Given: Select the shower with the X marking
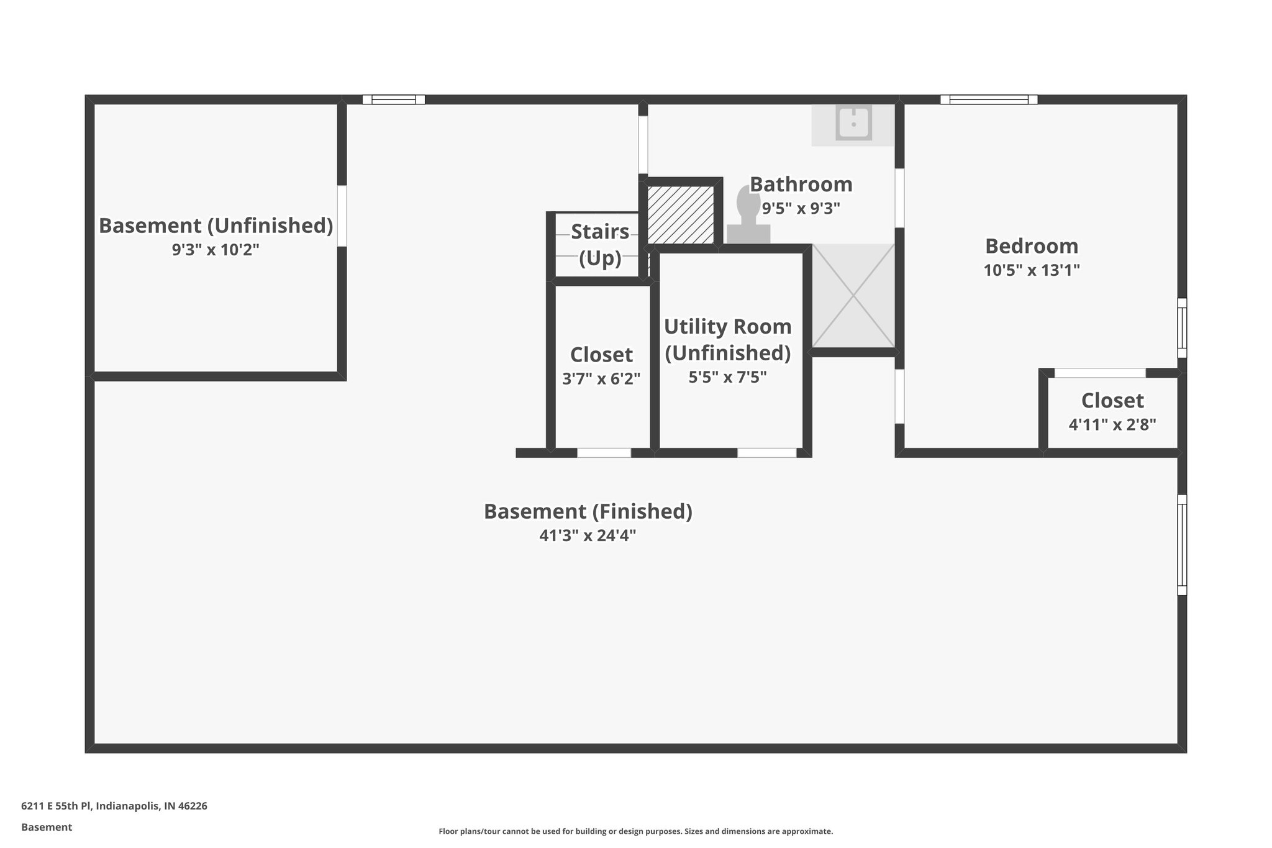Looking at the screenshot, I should click(x=853, y=296).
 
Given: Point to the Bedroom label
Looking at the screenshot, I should click(x=1032, y=246).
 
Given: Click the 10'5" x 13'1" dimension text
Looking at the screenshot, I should click(x=1032, y=270).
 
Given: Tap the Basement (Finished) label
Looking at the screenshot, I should click(x=588, y=511).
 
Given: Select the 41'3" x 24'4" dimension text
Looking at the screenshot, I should click(x=588, y=536).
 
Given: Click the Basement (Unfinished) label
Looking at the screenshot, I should click(x=216, y=226).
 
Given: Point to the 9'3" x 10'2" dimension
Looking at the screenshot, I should click(x=216, y=250).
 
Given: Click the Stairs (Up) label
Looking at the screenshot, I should click(x=600, y=244).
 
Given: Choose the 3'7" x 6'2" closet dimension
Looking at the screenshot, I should click(x=601, y=378).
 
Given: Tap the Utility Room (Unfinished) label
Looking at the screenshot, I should click(x=728, y=339).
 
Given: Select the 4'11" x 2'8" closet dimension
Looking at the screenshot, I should click(x=1112, y=425).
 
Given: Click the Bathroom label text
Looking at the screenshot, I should click(x=801, y=185).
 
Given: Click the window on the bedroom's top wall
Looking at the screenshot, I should click(x=988, y=99).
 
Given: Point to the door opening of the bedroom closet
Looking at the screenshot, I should click(x=1100, y=373).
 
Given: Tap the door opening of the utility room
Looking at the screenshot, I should click(x=766, y=453).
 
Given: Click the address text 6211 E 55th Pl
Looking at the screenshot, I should click(x=114, y=806).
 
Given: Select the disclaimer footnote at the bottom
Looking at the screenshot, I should click(x=635, y=831).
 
